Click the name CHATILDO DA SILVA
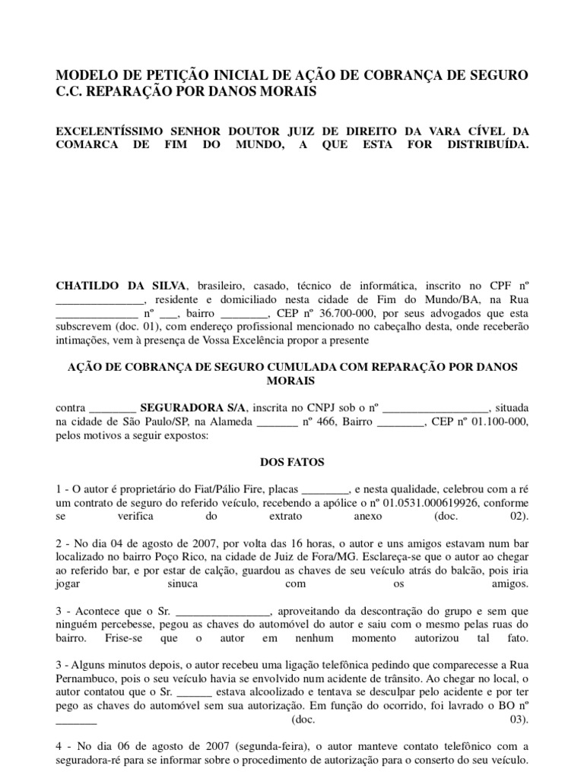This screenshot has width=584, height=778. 121,286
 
